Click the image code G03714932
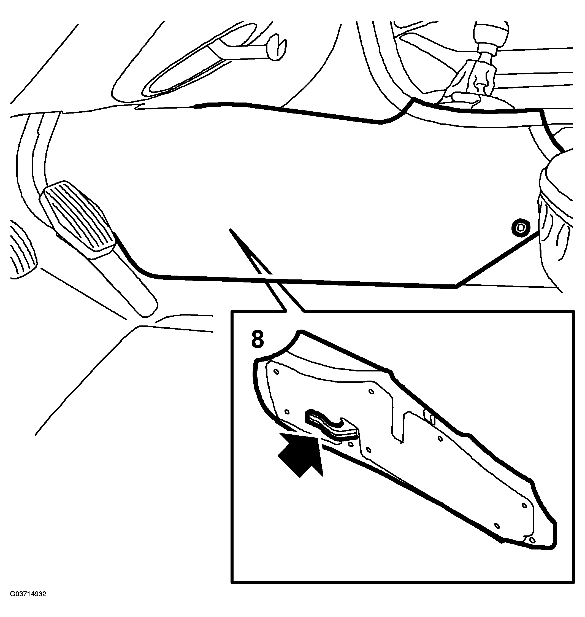pyautogui.click(x=28, y=603)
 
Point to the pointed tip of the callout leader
pyautogui.click(x=231, y=231)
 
